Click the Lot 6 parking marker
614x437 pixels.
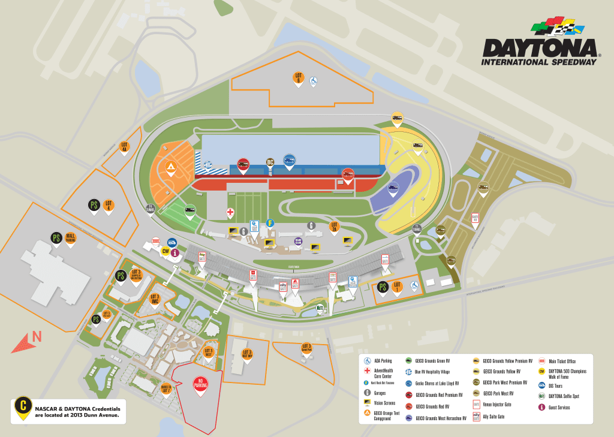298,79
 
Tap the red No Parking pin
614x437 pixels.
200,386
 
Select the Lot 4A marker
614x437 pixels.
124,147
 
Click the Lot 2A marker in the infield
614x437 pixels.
335,227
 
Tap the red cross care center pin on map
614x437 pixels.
230,213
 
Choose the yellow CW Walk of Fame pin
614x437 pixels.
165,252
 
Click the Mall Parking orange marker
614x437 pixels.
70,239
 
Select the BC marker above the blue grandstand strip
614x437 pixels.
270,164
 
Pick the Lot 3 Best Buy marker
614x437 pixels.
247,354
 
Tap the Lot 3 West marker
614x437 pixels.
209,352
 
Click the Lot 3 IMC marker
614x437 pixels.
155,299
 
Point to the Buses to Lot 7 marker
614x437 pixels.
165,390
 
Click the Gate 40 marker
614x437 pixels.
475,218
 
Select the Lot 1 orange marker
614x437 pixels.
397,287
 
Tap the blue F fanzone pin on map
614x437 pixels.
270,224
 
